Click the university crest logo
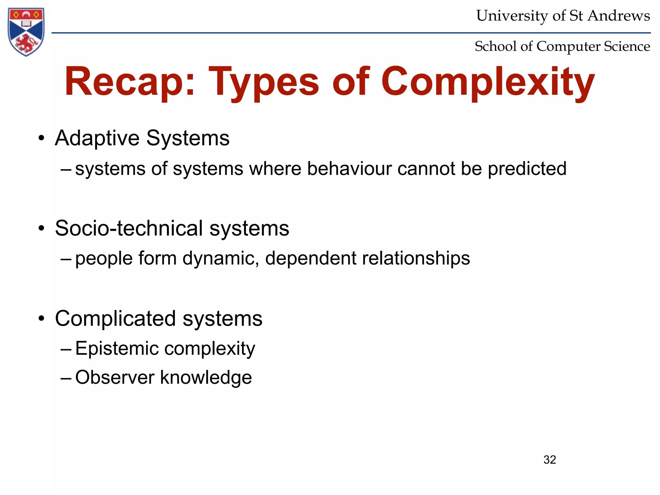26,32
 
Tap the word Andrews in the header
618,16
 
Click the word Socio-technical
129,228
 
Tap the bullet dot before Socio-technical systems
41,228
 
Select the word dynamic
220,258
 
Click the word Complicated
115,318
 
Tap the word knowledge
206,378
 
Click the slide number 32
549,460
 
